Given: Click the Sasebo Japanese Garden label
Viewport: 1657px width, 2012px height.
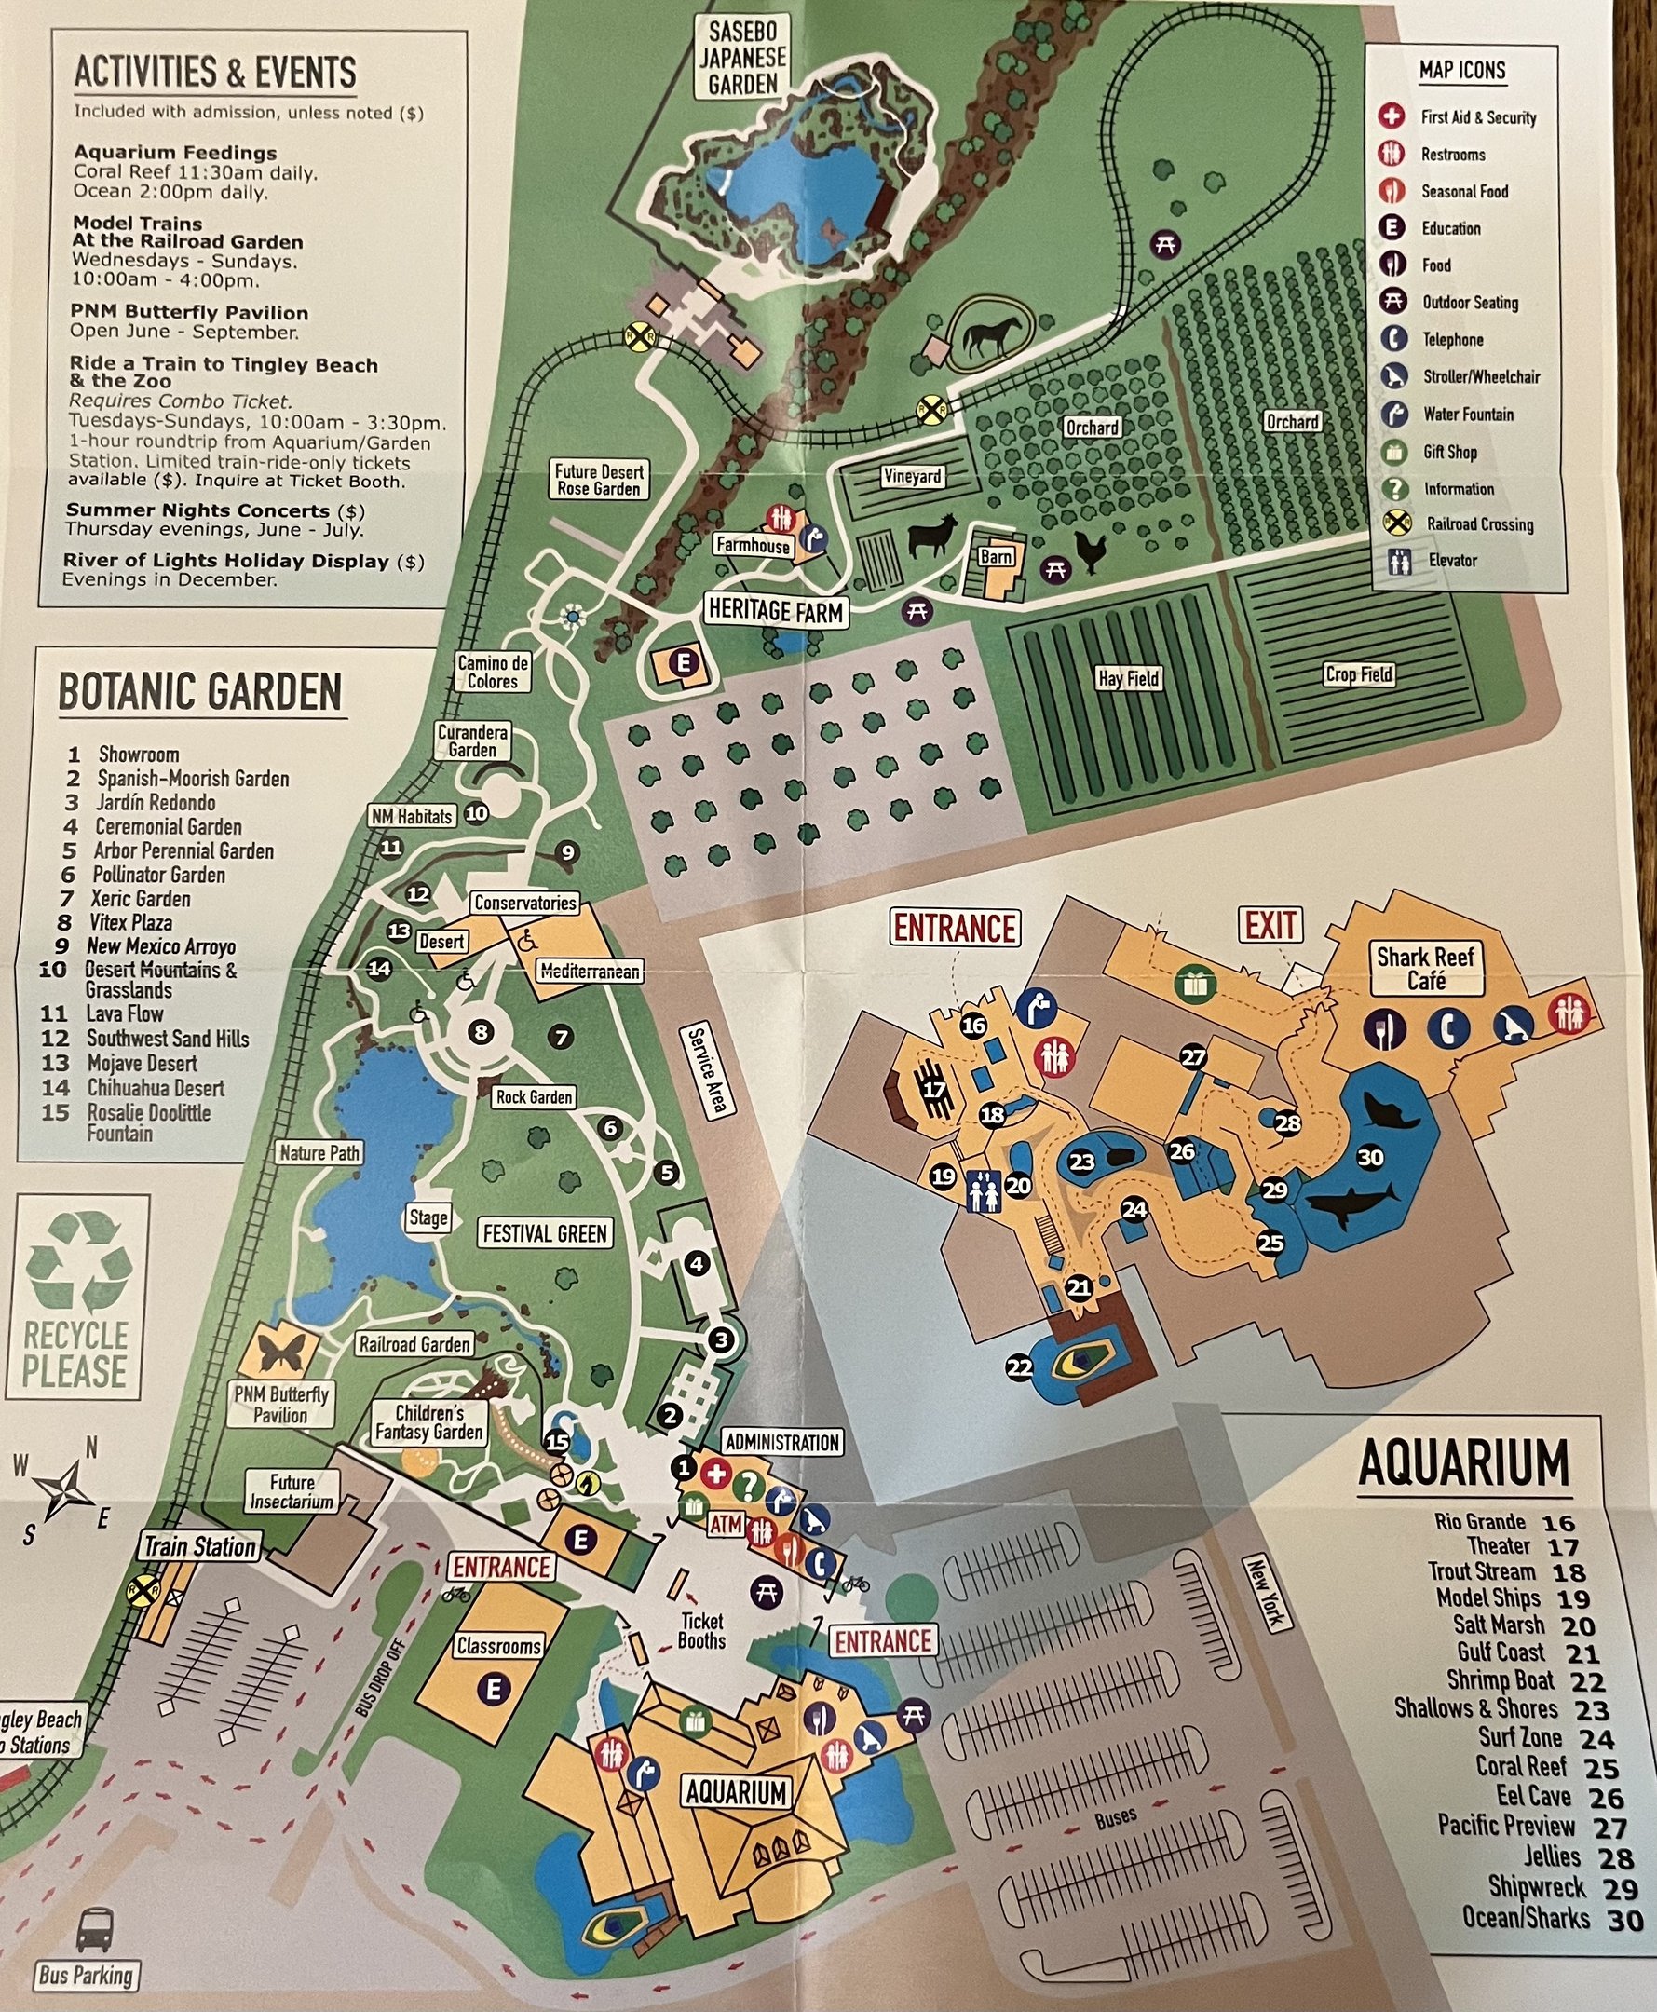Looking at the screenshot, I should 742,56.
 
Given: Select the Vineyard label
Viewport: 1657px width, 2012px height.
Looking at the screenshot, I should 912,476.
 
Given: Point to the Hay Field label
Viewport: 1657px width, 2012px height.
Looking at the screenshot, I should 1127,679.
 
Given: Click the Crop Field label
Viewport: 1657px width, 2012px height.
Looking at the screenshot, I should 1358,674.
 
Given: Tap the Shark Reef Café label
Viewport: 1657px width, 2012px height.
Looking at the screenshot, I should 1425,968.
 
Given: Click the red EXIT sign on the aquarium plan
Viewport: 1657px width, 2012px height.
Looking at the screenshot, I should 1270,925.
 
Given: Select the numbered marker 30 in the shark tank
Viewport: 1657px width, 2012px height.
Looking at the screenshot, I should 1370,1158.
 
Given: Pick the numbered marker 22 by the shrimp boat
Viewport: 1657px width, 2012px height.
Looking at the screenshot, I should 1019,1367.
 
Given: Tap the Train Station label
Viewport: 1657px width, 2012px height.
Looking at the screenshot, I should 199,1546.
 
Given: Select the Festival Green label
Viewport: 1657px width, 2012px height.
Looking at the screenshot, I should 544,1234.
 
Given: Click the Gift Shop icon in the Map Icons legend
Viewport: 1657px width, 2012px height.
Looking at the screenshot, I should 1394,452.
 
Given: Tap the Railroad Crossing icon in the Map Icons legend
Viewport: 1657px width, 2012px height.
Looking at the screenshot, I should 1396,523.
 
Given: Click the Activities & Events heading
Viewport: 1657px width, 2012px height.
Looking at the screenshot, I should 215,73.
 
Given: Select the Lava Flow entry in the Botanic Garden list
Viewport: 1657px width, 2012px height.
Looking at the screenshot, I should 124,1013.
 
